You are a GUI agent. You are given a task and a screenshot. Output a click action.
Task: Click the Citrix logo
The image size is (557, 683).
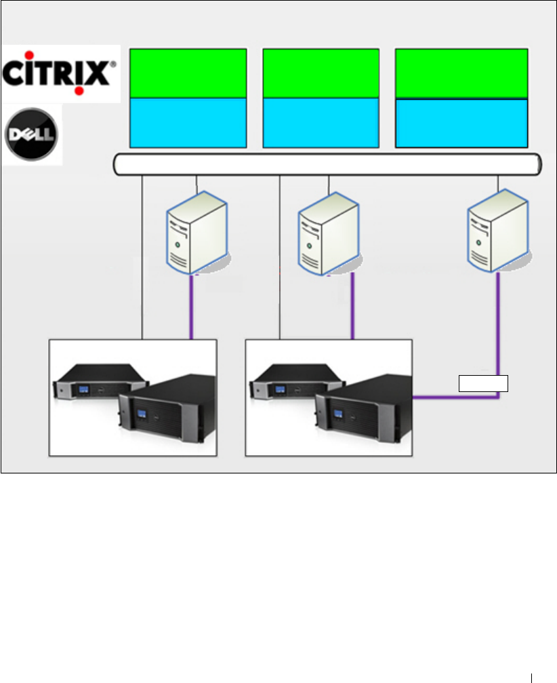[60, 72]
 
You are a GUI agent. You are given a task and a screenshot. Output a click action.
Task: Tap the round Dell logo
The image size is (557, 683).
[32, 134]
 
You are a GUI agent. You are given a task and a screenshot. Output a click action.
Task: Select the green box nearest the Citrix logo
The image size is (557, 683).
[187, 73]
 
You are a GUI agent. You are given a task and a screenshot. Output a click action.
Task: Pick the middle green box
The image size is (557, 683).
[321, 73]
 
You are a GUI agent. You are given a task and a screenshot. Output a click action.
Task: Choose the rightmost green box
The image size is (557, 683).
[461, 73]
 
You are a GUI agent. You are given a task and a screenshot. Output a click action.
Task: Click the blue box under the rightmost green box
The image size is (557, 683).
[461, 122]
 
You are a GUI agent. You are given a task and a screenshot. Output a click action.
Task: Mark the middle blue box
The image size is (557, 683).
[321, 122]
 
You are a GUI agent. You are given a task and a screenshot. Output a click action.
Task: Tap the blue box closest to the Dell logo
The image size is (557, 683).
[187, 122]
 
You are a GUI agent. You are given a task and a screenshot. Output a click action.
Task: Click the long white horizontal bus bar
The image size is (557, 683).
[327, 164]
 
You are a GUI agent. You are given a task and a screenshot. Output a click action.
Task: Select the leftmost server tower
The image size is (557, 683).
[196, 232]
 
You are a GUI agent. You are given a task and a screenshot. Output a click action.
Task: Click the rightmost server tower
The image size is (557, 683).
[499, 231]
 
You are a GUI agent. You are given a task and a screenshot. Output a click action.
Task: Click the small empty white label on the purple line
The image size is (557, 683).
[483, 384]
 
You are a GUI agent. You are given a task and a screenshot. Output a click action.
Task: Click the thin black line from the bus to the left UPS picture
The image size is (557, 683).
[142, 258]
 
